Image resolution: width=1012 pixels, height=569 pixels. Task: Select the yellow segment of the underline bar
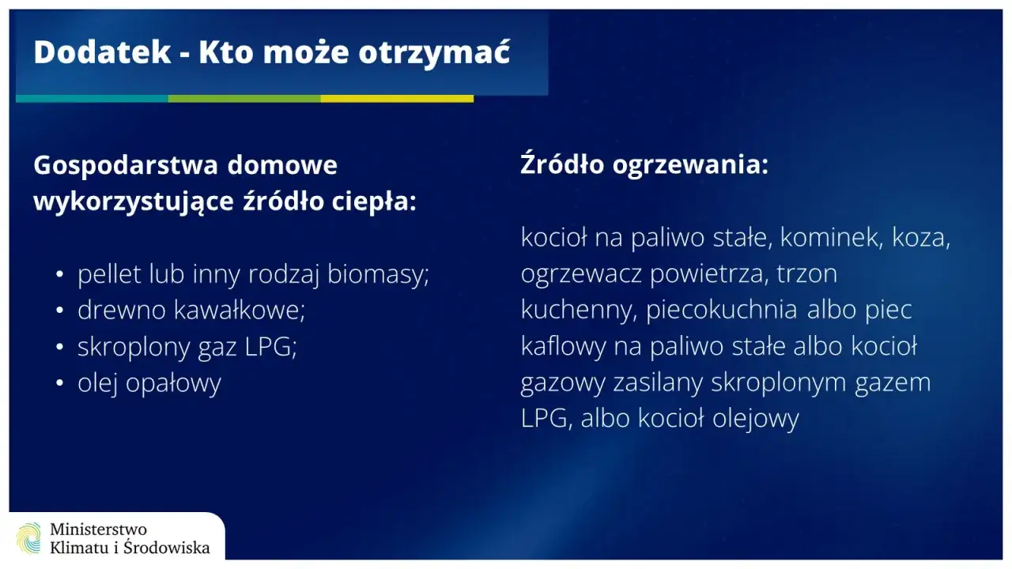tap(397, 99)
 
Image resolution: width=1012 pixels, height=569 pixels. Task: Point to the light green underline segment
tap(244, 99)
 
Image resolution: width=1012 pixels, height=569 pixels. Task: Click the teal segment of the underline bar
tap(92, 99)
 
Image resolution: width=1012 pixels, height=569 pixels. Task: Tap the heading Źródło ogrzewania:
tap(644, 166)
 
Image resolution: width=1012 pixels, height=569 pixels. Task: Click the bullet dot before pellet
tap(60, 275)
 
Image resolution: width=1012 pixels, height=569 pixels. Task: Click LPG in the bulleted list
tap(271, 347)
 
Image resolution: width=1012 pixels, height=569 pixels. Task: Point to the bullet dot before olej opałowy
tap(60, 384)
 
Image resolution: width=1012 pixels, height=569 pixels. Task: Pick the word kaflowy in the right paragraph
tap(564, 346)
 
